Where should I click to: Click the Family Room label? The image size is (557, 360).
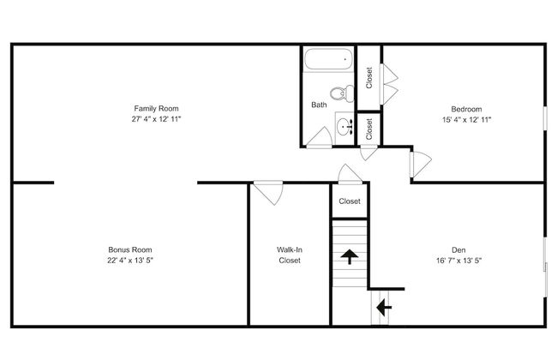click(156, 108)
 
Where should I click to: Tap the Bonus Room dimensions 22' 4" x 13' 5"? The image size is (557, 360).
click(130, 260)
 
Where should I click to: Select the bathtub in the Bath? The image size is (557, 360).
click(328, 59)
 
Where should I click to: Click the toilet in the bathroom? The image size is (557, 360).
click(342, 93)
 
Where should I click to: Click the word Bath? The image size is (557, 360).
click(319, 105)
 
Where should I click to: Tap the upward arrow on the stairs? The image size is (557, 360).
click(350, 256)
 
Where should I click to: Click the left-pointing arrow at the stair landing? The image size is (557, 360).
click(384, 308)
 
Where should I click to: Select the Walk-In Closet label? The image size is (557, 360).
click(290, 255)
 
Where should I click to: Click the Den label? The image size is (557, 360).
click(458, 249)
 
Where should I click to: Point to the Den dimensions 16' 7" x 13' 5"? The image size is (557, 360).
click(458, 261)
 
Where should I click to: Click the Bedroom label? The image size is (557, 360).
click(466, 109)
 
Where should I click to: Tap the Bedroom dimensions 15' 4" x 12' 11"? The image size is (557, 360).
click(466, 120)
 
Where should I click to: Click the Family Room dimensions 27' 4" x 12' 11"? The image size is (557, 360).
click(156, 119)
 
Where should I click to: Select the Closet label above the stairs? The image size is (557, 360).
click(350, 201)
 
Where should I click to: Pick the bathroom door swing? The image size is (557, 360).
click(321, 138)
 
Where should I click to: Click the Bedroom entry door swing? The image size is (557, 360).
click(422, 165)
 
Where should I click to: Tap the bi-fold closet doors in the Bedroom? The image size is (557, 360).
click(389, 84)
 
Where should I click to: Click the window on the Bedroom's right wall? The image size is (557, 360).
click(545, 118)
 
